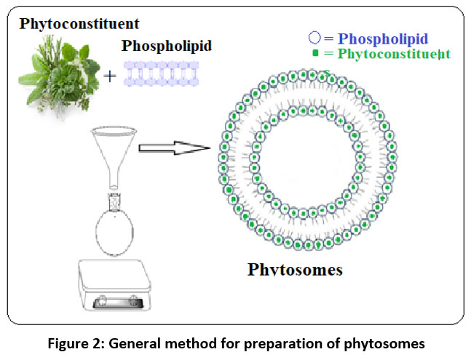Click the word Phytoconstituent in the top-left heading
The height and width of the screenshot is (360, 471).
79,23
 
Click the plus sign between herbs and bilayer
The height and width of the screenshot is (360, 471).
110,76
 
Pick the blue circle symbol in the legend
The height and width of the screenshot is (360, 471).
314,39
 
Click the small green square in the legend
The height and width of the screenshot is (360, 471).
314,54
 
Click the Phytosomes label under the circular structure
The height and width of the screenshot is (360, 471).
295,270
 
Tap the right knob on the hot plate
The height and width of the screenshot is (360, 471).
133,299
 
